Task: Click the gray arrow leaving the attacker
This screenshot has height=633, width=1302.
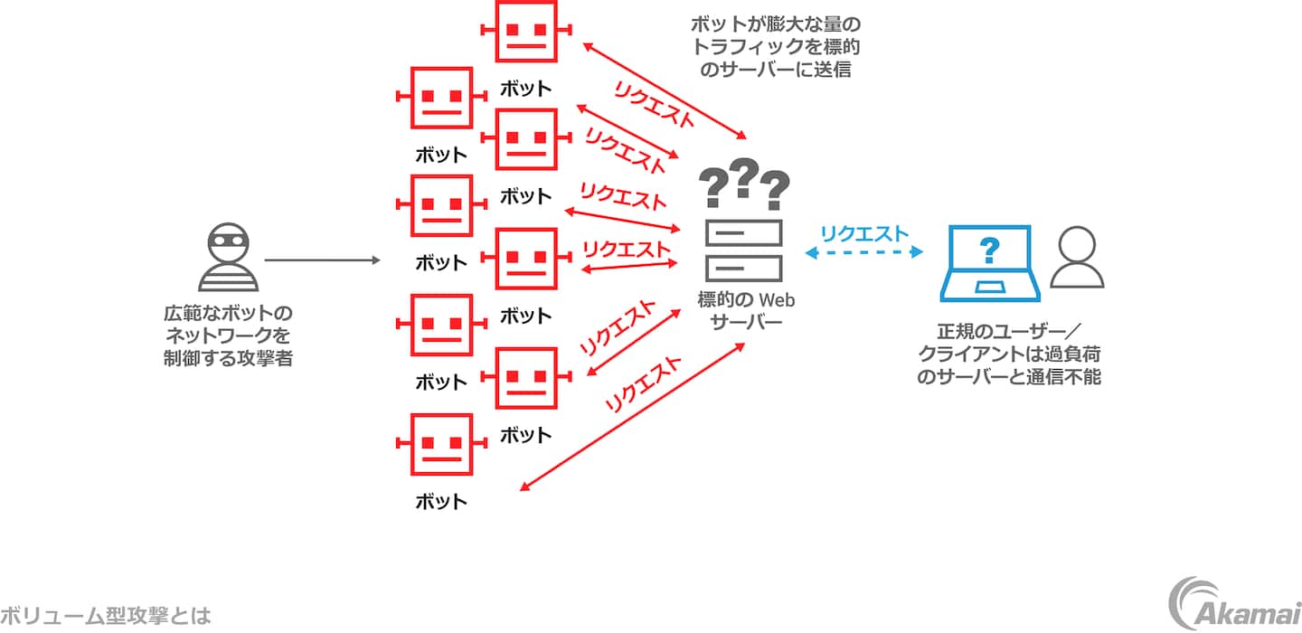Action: pyautogui.click(x=323, y=260)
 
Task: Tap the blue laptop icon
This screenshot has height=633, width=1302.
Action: pyautogui.click(x=991, y=263)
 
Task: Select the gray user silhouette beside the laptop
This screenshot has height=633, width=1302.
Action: pyautogui.click(x=1078, y=258)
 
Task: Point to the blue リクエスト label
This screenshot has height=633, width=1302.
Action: pyautogui.click(x=863, y=233)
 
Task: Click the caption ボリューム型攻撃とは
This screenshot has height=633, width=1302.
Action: pyautogui.click(x=106, y=617)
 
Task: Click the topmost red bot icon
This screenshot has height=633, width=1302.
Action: pyautogui.click(x=525, y=30)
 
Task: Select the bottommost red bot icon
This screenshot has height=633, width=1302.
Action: pyautogui.click(x=441, y=445)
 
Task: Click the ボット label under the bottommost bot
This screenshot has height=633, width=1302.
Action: pyautogui.click(x=441, y=501)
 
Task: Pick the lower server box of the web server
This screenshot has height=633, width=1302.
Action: pyautogui.click(x=744, y=268)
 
